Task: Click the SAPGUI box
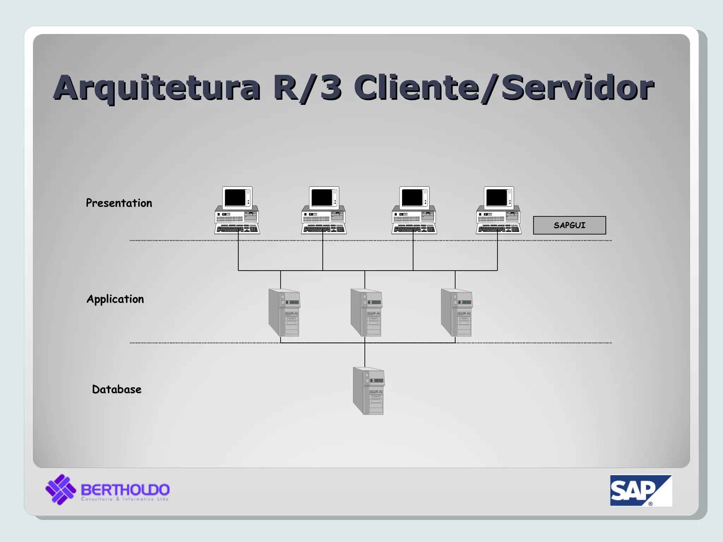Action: [x=569, y=225]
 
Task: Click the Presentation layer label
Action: [x=119, y=203]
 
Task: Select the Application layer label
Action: [x=115, y=299]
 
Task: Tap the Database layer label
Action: [x=116, y=389]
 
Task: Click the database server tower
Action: [x=369, y=391]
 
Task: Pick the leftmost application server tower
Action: [x=284, y=312]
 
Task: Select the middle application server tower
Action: [x=366, y=312]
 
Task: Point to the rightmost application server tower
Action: [x=456, y=312]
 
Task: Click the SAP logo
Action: [x=640, y=490]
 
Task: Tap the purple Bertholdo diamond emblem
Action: [x=61, y=489]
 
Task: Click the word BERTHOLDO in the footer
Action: [x=125, y=490]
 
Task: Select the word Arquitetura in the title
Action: [x=157, y=88]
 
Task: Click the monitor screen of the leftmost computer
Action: [x=235, y=197]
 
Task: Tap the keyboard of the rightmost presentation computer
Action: [x=498, y=229]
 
